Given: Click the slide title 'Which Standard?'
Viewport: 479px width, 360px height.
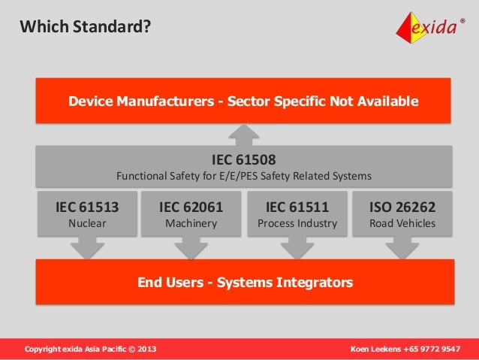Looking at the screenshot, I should coord(84,28).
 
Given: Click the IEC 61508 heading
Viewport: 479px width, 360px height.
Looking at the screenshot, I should coord(244,159).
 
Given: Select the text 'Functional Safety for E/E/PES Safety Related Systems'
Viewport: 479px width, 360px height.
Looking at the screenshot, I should coord(244,177).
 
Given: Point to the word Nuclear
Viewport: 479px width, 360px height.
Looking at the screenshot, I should coord(87,223).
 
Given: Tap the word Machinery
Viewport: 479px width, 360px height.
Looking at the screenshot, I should coord(191,223).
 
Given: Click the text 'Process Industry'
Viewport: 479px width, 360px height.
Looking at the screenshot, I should coord(297,223).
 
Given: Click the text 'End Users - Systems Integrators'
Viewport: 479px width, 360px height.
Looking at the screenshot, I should coord(244,283).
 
